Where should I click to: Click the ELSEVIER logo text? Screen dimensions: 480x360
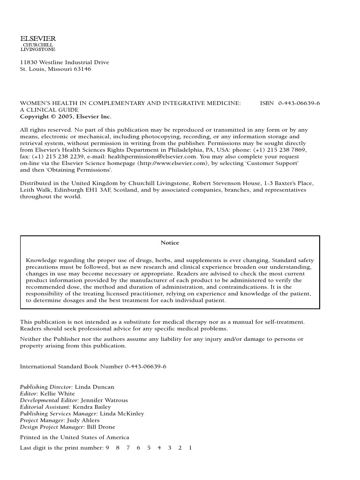[38, 39]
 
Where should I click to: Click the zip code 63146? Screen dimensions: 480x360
[82, 69]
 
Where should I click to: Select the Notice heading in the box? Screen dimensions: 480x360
[170, 243]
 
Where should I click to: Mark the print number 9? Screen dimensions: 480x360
[107, 448]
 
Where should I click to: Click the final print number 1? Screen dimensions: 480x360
[190, 448]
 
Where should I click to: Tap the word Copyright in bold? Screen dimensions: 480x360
[34, 117]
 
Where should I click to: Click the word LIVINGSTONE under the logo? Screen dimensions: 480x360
[38, 49]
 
